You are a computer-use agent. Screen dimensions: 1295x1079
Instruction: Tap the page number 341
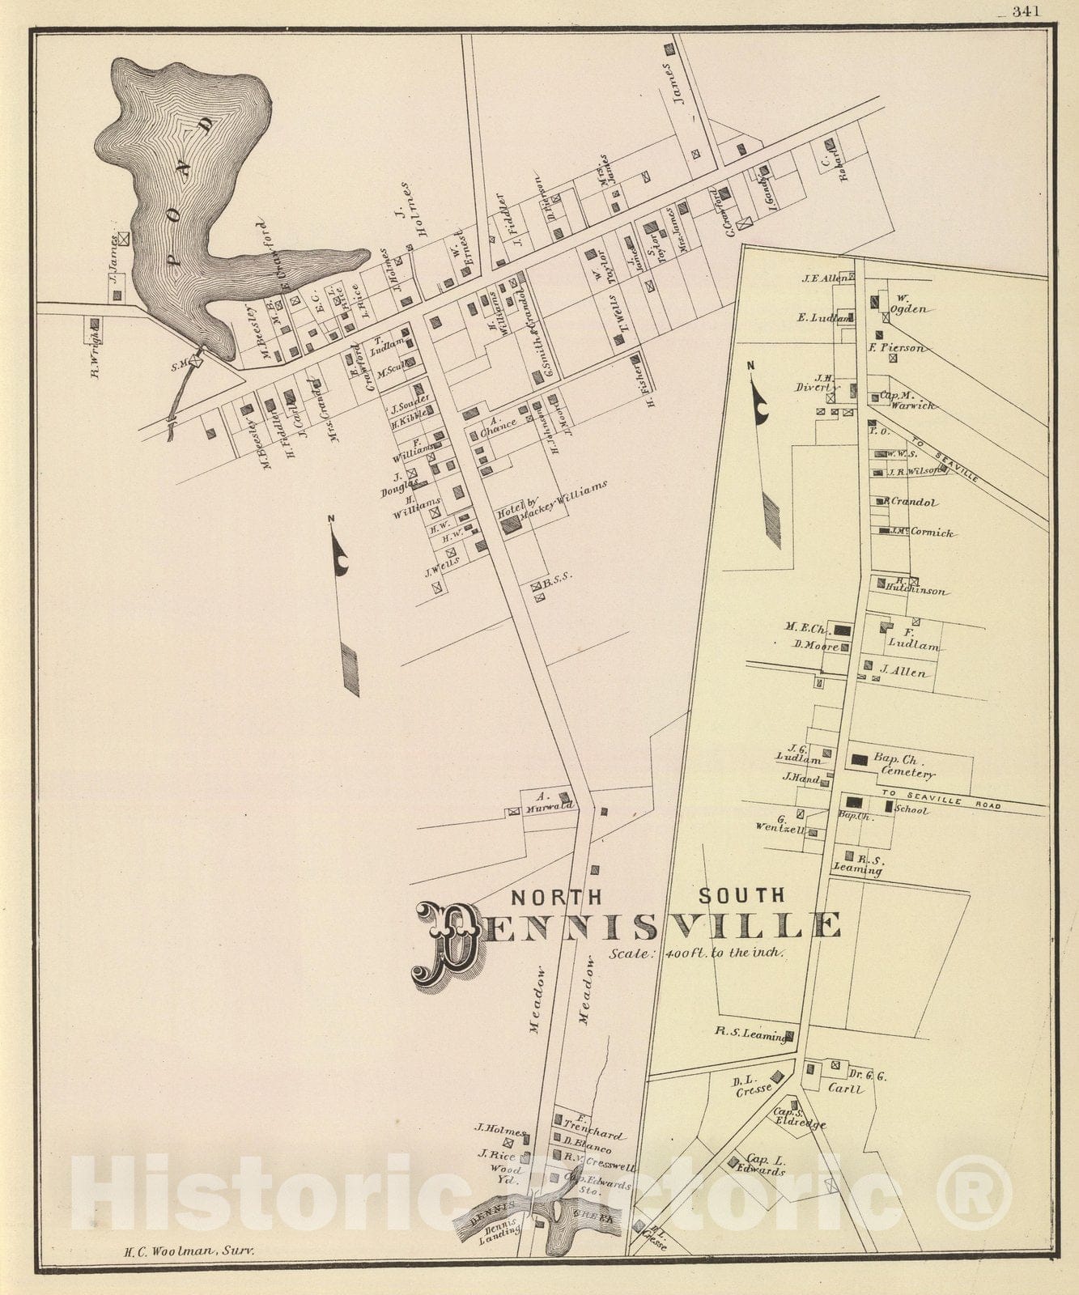(1025, 11)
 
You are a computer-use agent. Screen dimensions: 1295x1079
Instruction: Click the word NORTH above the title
(556, 897)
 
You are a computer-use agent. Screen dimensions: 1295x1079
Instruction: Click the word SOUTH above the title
(741, 895)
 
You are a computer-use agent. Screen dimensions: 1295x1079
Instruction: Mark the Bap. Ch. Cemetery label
(903, 766)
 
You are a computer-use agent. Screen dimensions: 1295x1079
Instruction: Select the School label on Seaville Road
(912, 810)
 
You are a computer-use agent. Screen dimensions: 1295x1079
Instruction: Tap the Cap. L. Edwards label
(761, 1165)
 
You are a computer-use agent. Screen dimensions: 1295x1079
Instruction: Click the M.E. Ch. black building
(843, 629)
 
